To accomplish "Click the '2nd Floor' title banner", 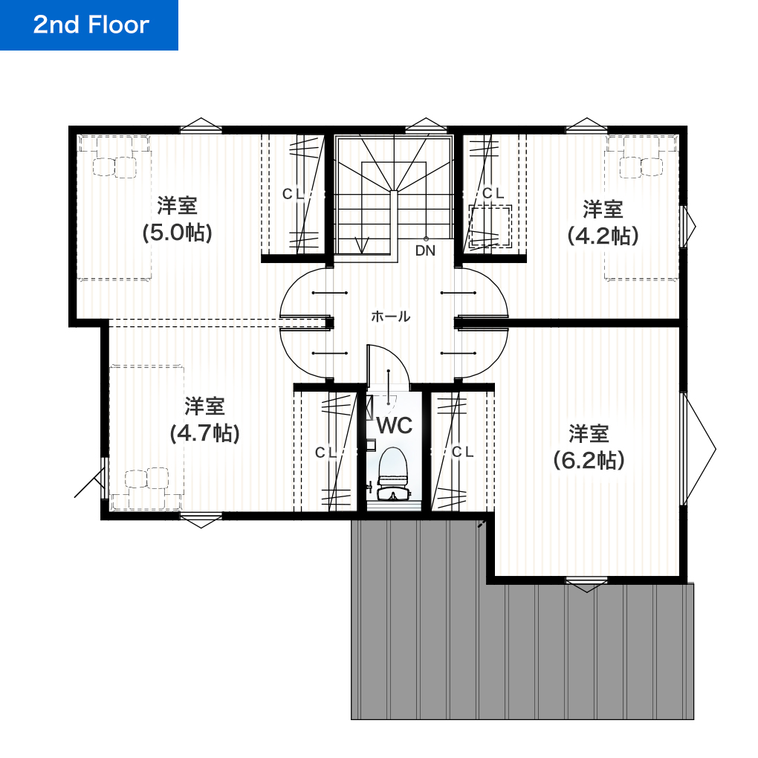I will [x=89, y=25].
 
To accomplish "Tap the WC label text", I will [x=394, y=426].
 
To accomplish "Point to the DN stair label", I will [x=425, y=250].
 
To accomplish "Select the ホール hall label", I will [x=390, y=317].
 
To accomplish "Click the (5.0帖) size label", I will [x=178, y=233].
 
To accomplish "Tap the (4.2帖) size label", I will [x=603, y=236].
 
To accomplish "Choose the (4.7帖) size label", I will [x=204, y=433].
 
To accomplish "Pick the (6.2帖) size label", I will [x=589, y=460].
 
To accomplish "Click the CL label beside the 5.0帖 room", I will [x=293, y=193].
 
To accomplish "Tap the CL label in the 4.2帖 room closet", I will [x=493, y=193].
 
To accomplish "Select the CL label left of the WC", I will [x=325, y=452].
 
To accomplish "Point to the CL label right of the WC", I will [x=462, y=452].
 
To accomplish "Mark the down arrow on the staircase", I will [x=363, y=243].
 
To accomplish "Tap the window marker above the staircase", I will [x=424, y=125].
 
